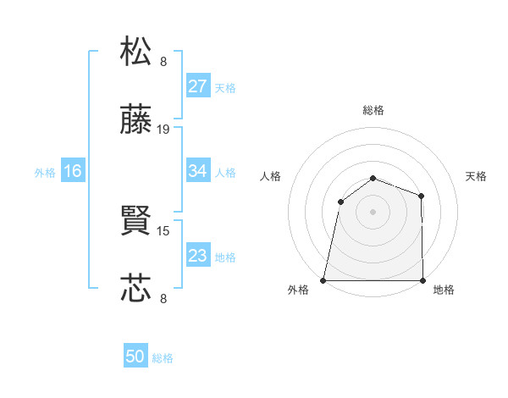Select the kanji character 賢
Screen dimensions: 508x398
pos(136,223)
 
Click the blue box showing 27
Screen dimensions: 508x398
pos(198,86)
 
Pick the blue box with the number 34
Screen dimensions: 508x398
pos(198,171)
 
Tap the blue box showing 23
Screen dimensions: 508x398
pos(198,255)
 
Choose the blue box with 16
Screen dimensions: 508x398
pos(73,171)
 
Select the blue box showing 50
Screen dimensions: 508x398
pos(135,357)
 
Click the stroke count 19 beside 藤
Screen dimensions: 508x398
pos(163,130)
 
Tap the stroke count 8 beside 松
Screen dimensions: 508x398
pos(163,61)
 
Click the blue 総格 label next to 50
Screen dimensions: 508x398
pos(163,358)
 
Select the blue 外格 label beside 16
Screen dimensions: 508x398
pos(45,173)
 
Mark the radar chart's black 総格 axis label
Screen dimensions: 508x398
pos(373,110)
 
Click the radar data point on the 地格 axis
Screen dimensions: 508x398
pos(422,280)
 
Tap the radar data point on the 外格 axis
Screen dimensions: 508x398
pos(323,280)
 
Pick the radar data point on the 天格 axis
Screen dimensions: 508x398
pos(421,196)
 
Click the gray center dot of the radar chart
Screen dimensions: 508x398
pos(373,211)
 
